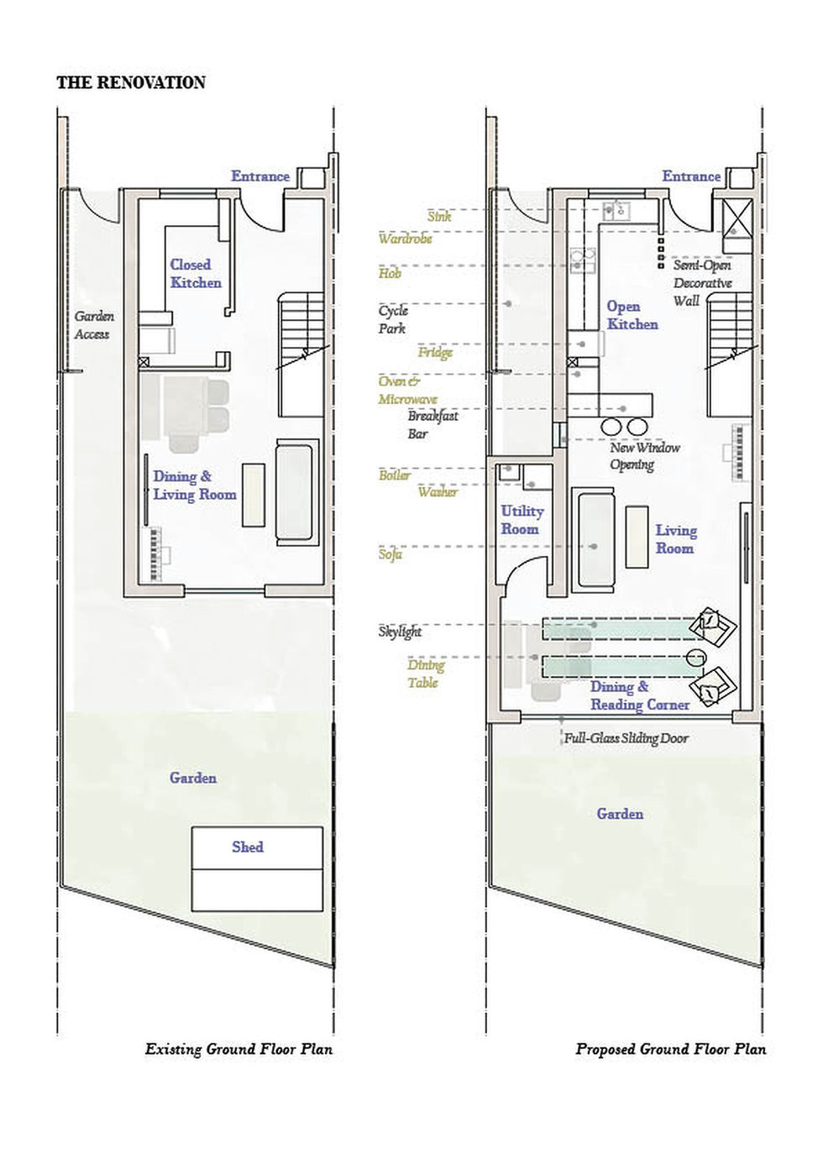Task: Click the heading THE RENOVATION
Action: point(131,82)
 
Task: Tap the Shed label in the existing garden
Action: point(248,847)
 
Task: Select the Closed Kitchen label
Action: point(196,274)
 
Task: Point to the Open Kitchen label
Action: point(632,315)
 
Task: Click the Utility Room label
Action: point(522,520)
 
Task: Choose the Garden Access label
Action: point(93,325)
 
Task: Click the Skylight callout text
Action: point(400,632)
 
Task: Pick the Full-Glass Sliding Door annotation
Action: point(626,738)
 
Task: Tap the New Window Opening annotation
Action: point(644,456)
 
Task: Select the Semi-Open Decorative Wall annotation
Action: point(702,282)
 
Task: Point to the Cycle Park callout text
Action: point(392,319)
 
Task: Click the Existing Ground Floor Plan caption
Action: point(239,1048)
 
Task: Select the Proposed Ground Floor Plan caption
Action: point(670,1048)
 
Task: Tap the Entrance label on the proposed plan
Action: point(690,176)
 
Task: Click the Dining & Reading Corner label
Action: point(639,696)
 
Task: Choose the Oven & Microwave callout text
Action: point(407,391)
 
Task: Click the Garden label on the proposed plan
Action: point(620,813)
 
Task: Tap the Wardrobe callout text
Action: point(405,239)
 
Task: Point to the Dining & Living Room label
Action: point(194,485)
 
